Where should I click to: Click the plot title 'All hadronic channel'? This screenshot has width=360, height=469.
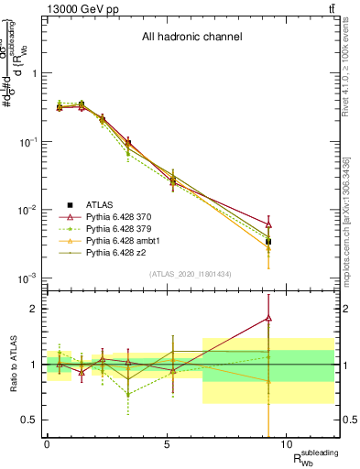pos(191,37)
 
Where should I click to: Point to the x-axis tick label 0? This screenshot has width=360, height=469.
pos(47,445)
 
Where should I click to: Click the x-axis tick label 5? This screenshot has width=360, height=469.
pos(167,445)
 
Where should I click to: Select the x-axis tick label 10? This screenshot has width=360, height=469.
pos(286,445)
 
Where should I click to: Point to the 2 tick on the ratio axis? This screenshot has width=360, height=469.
pos(33,309)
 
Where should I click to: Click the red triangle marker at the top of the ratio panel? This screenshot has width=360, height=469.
pos(267,318)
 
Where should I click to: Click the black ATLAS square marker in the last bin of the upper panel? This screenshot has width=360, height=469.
pos(267,242)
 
